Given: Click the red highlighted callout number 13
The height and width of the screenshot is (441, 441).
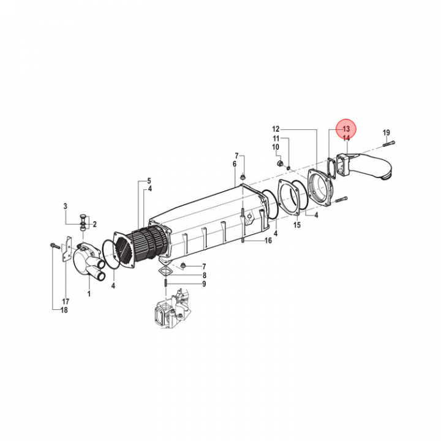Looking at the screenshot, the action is (x=346, y=129).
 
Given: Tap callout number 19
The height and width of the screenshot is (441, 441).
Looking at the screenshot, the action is (x=386, y=132).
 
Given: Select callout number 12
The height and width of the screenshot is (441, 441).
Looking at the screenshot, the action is (x=276, y=129).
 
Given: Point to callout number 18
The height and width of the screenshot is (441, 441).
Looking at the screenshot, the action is (x=64, y=310).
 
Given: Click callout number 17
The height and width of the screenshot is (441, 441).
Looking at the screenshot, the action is (x=66, y=301).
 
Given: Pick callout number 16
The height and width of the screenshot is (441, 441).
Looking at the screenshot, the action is (x=268, y=240).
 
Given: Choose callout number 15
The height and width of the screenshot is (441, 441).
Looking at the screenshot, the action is (x=297, y=225).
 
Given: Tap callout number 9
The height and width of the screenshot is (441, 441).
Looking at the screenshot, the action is (x=204, y=284).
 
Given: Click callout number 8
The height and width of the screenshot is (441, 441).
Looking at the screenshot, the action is (x=204, y=276).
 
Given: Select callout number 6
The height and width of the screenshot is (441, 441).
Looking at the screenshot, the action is (x=235, y=164).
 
